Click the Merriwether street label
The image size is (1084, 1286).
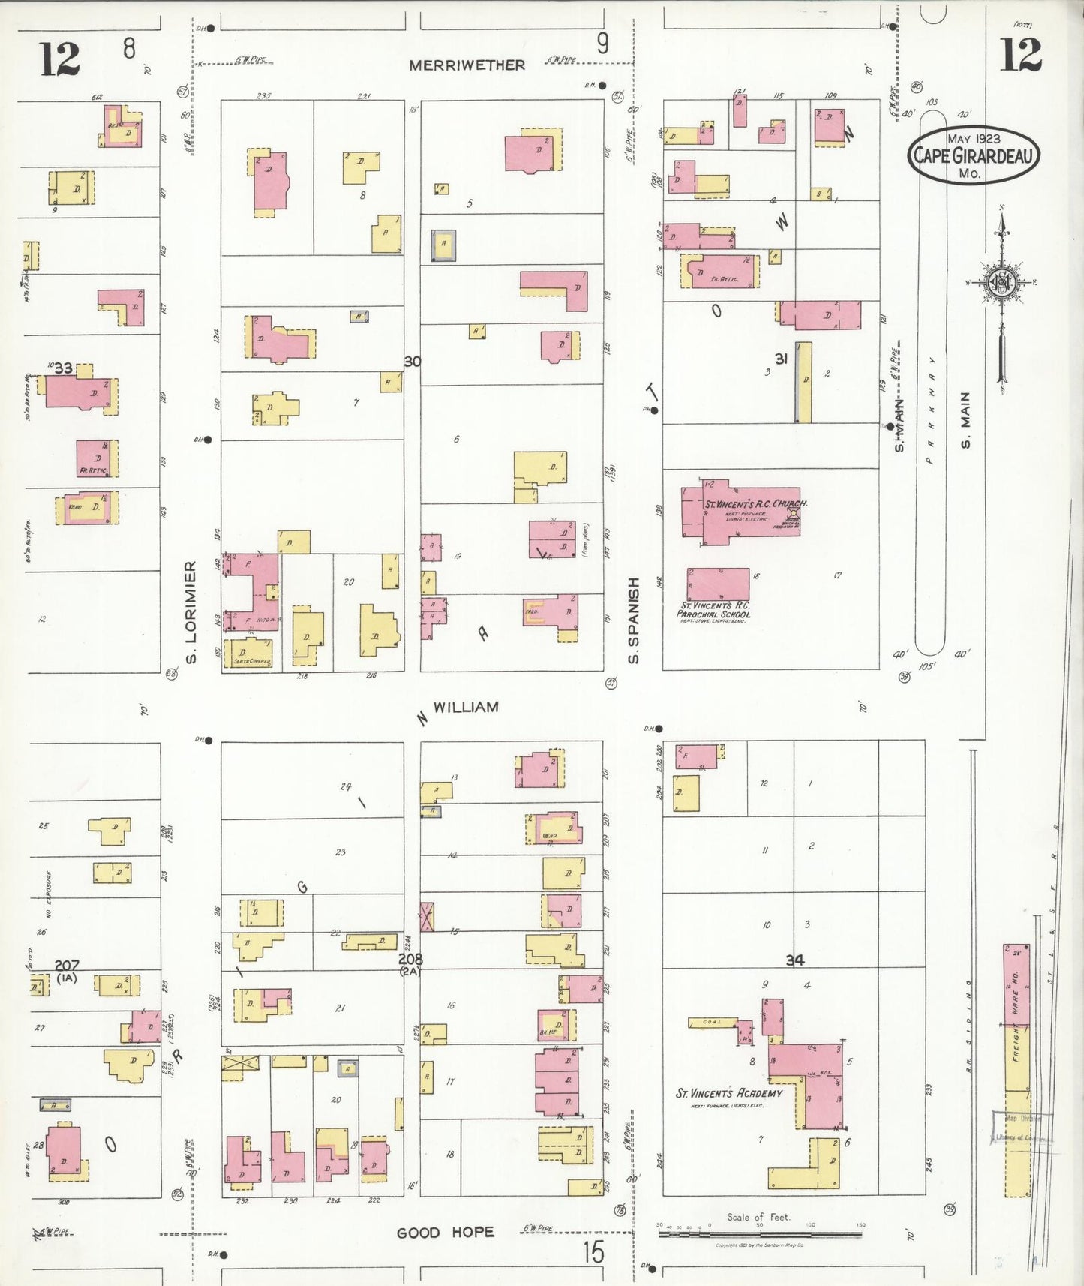[x=467, y=65]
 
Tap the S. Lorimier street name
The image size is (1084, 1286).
[x=191, y=611]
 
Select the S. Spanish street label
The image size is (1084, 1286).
[x=634, y=620]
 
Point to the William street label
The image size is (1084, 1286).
[x=466, y=707]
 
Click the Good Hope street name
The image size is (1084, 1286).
[x=445, y=1233]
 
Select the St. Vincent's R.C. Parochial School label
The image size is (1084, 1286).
[x=714, y=610]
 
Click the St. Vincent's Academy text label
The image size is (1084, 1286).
[x=728, y=1093]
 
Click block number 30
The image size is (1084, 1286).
[x=412, y=362]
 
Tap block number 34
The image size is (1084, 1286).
[x=795, y=960]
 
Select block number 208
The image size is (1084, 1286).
[x=410, y=960]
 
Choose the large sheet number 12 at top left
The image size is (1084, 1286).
[x=59, y=59]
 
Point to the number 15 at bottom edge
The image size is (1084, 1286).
[x=593, y=1252]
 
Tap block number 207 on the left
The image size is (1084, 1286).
[x=66, y=965]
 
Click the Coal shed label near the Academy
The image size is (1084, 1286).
[x=711, y=1022]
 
